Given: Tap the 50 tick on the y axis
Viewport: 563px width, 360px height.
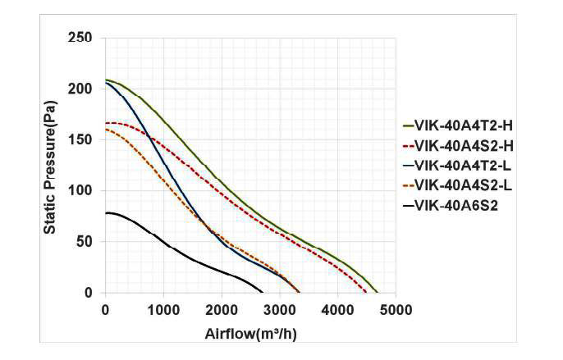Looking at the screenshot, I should tap(86, 242).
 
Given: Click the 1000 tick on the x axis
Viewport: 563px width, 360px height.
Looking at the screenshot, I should tap(163, 309).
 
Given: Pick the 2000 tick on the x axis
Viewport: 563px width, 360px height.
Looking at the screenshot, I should tap(222, 309).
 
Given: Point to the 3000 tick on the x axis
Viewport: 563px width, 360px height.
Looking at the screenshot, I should tap(280, 309).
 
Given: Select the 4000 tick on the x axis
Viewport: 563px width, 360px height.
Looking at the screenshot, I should tap(338, 309).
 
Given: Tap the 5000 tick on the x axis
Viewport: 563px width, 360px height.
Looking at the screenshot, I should tap(396, 309).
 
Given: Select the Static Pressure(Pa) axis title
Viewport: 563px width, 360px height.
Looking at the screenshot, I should tap(51, 164).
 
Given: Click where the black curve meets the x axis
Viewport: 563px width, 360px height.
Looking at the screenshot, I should tap(263, 293).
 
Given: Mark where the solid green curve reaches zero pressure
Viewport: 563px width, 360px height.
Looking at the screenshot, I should tap(377, 293).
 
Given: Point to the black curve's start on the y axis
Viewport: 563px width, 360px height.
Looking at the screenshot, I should tap(105, 213).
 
